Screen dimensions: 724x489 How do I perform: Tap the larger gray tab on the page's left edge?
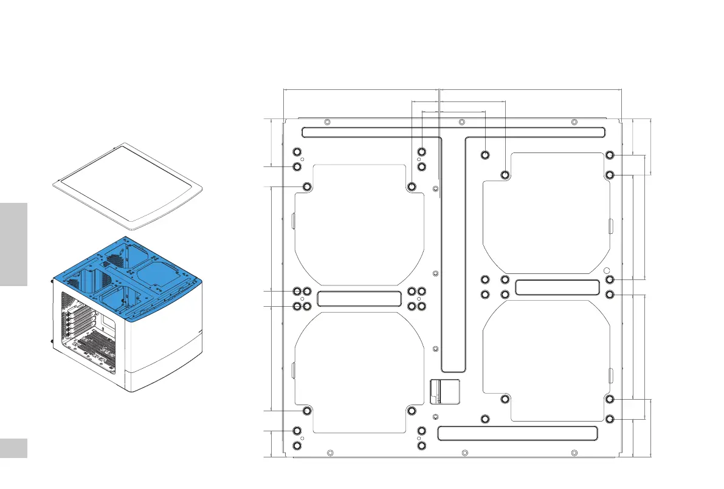(13, 244)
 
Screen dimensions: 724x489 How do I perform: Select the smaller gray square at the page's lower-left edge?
(13, 448)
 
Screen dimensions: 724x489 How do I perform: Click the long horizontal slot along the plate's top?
(453, 132)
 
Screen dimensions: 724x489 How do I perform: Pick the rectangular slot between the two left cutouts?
(359, 298)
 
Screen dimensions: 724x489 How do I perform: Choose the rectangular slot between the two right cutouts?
(557, 287)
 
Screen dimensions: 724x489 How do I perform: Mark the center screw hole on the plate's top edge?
(461, 122)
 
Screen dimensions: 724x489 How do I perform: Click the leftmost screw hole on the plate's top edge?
(328, 122)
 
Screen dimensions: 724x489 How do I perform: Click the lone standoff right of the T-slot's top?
(485, 154)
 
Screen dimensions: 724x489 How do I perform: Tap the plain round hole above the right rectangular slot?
(607, 270)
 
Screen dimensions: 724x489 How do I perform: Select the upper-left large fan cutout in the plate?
(359, 225)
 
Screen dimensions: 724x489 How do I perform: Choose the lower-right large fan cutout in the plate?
(546, 358)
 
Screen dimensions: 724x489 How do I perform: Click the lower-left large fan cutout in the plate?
(359, 371)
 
